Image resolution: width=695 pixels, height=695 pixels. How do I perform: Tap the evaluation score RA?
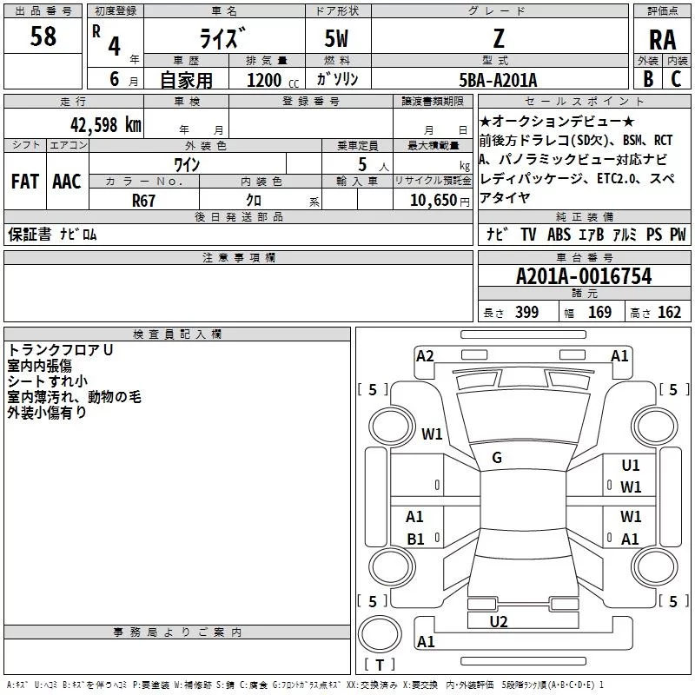pyautogui.click(x=662, y=40)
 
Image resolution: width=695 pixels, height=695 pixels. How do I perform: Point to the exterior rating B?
pyautogui.click(x=647, y=79)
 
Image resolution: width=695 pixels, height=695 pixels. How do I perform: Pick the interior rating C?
pyautogui.click(x=676, y=79)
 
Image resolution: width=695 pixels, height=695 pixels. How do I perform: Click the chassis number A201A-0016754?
pyautogui.click(x=583, y=276)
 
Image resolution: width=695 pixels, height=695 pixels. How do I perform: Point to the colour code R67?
pyautogui.click(x=144, y=200)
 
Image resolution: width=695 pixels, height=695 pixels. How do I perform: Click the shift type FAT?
pyautogui.click(x=24, y=182)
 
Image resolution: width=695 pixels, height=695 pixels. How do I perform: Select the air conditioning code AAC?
pyautogui.click(x=66, y=182)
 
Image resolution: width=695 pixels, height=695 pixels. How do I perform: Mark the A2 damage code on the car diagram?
pyautogui.click(x=425, y=355)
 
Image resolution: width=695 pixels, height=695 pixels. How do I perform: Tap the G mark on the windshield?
pyautogui.click(x=497, y=458)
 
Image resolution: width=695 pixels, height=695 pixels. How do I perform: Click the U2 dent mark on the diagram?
pyautogui.click(x=499, y=621)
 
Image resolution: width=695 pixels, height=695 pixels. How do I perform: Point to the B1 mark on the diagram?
pyautogui.click(x=415, y=539)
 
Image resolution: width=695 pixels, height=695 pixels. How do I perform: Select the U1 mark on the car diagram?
pyautogui.click(x=631, y=466)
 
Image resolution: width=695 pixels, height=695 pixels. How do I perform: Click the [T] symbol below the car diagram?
pyautogui.click(x=379, y=665)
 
